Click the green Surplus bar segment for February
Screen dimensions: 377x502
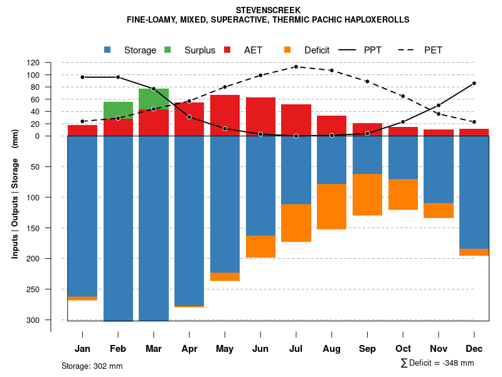pos(118,110)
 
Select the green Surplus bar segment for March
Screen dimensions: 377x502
pos(154,99)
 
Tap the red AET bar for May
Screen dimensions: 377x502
pos(225,116)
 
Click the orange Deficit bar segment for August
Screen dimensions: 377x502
pos(331,207)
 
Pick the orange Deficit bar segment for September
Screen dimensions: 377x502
pos(367,195)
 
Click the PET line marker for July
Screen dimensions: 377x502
pos(296,67)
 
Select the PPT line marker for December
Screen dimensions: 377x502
pos(474,83)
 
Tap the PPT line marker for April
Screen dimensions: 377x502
pos(190,117)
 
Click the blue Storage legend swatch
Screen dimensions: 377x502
pos(108,50)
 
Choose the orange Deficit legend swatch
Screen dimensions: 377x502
pos(287,50)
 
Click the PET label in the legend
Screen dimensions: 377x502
pos(433,50)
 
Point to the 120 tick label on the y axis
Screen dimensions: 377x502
pos(51,63)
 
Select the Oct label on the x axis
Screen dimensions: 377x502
pos(403,349)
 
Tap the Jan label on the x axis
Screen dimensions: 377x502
pos(82,349)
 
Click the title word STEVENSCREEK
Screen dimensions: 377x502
pos(268,10)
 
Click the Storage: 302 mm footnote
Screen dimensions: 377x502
pos(92,366)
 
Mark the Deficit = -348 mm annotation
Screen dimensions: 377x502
pos(437,363)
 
